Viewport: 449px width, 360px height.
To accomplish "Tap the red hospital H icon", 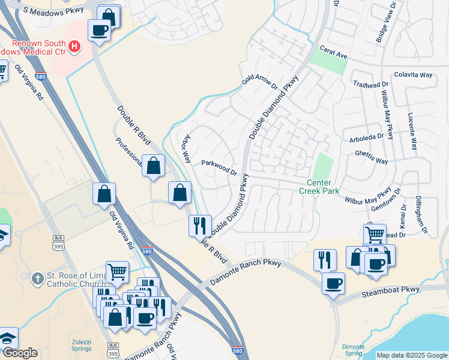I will point(74,46).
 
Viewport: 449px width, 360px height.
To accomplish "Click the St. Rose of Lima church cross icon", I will point(38,278).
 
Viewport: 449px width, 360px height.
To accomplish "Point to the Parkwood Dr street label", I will point(219,167).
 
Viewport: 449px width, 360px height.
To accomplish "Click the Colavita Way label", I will point(414,75).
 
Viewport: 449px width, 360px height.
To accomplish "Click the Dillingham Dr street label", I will point(420,213).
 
